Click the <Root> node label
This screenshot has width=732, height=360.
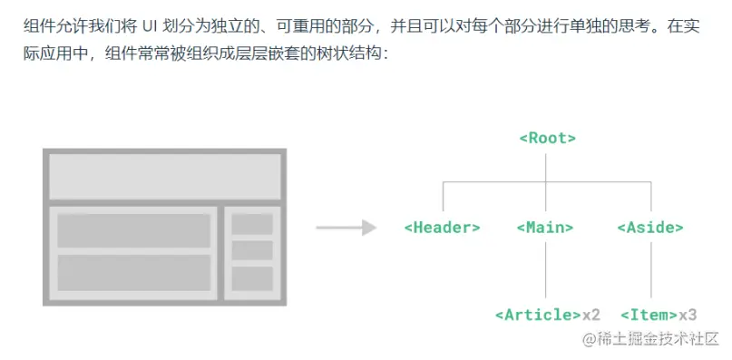coord(547,139)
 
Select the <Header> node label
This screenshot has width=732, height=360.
coord(442,228)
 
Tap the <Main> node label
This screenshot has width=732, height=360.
coord(545,228)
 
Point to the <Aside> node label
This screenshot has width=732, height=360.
coord(649,228)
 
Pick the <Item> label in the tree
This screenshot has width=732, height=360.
coord(649,315)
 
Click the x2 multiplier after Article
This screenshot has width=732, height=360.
coord(591,315)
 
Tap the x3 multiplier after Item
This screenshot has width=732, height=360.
coord(688,315)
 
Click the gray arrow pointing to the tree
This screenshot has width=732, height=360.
coord(346,227)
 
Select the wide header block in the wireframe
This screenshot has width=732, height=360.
coord(164,177)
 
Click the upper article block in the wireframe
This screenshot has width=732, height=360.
coord(133,230)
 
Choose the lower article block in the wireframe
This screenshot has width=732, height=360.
coord(133,272)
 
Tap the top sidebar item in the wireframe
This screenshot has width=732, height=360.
coord(252,224)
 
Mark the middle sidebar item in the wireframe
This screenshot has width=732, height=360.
coord(252,250)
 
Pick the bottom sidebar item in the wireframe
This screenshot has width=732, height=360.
coord(252,277)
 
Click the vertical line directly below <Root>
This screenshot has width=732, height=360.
coord(546,168)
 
